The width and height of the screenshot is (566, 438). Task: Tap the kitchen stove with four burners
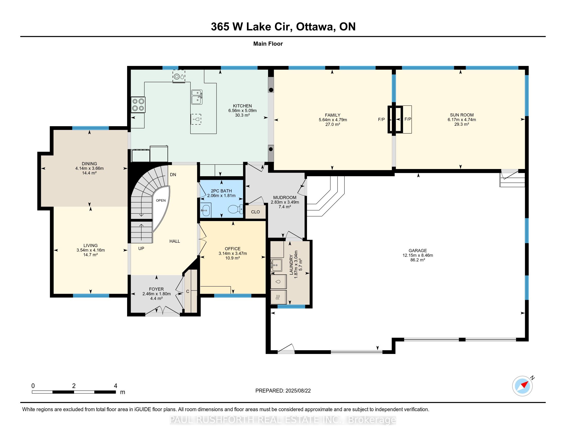tap(138, 105)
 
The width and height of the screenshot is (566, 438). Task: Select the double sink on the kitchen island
tap(197, 97)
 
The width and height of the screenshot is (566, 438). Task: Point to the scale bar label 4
tap(116, 386)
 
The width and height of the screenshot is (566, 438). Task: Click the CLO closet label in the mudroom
tap(255, 212)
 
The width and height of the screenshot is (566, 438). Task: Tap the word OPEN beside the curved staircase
tap(161, 200)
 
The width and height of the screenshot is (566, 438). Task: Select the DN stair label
tap(173, 175)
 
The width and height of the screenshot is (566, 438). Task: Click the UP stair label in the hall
tap(141, 248)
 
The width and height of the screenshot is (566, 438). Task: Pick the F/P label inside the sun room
tap(408, 119)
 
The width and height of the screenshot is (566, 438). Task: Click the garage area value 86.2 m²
tap(418, 260)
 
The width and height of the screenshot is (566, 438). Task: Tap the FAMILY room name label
tap(333, 115)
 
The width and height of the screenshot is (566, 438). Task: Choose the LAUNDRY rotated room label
tap(291, 265)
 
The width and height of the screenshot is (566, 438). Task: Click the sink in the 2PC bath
tap(206, 210)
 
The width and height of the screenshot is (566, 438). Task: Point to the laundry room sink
tap(276, 265)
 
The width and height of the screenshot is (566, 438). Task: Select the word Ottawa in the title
tap(315, 27)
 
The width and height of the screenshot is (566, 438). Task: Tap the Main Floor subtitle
tap(268, 44)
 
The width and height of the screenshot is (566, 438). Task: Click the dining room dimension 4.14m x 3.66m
tap(90, 168)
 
